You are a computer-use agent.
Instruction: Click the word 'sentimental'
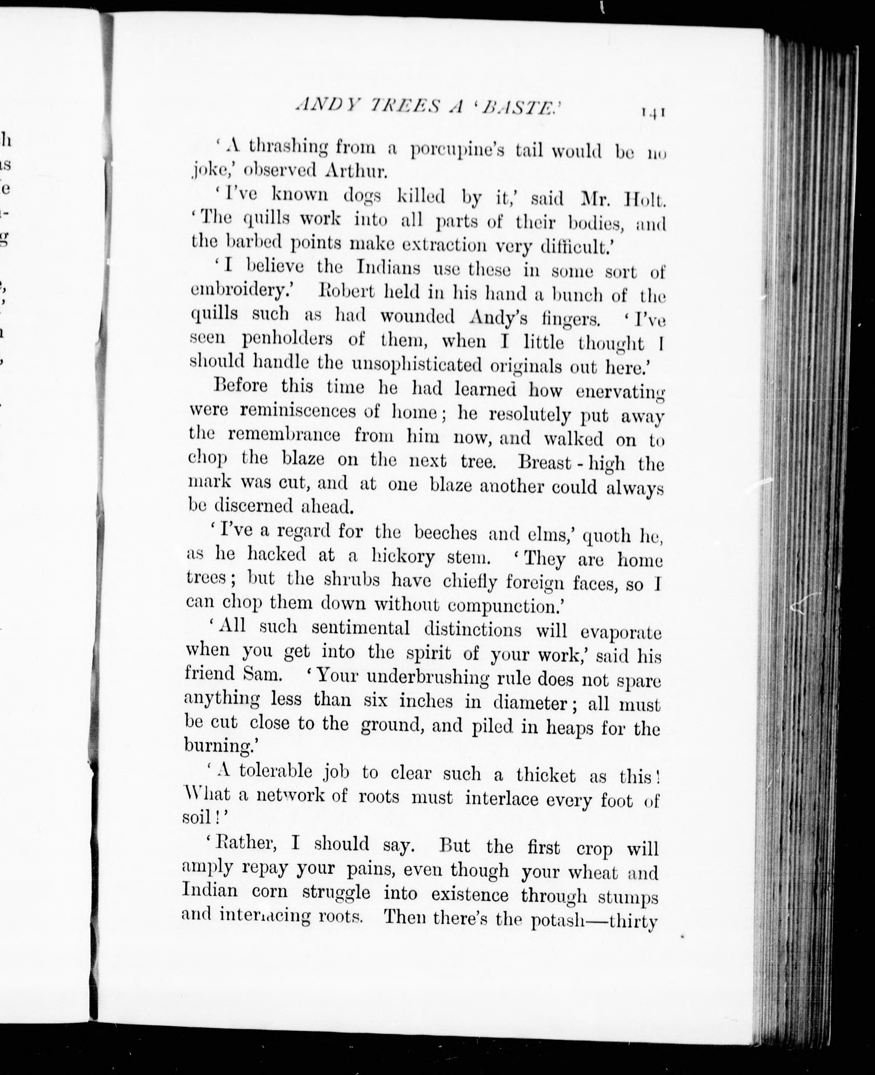(x=360, y=628)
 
